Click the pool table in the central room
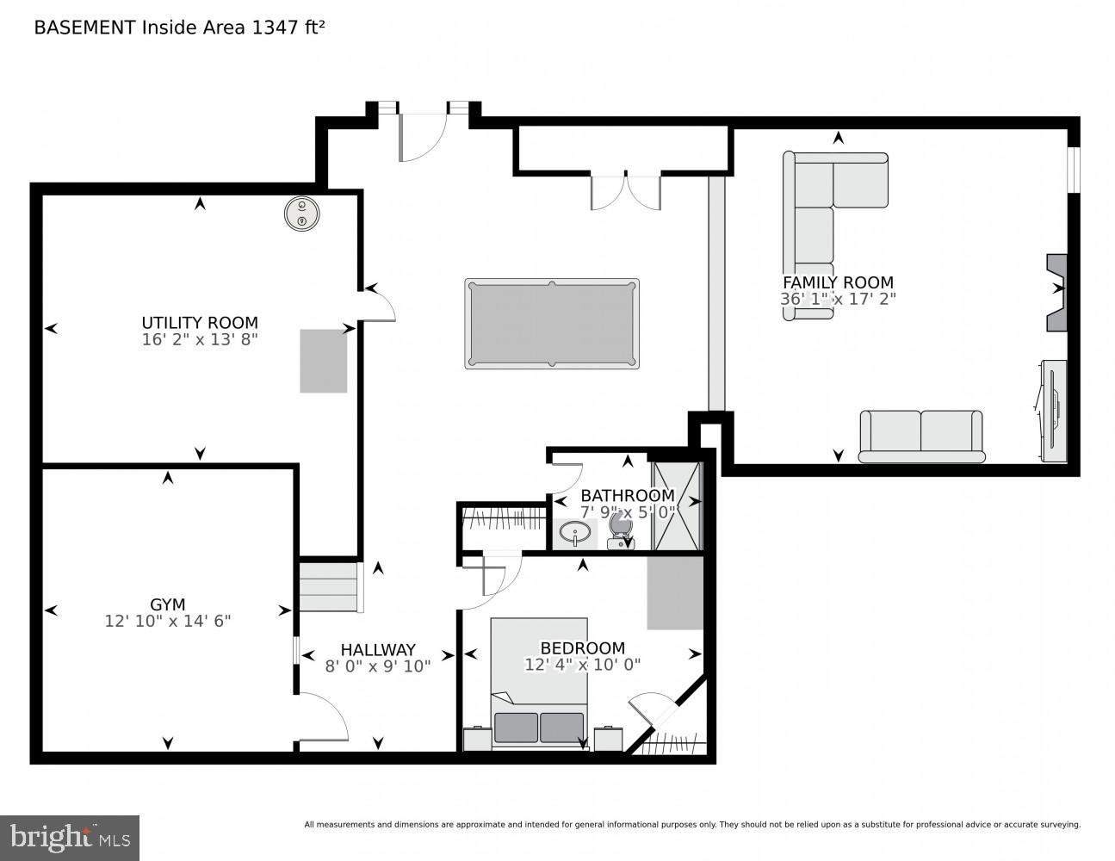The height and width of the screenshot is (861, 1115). (551, 324)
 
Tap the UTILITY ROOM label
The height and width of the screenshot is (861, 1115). (200, 323)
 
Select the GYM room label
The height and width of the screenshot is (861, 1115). (167, 604)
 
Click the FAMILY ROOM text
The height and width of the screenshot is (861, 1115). (837, 282)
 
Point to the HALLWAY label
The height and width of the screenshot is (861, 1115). (377, 650)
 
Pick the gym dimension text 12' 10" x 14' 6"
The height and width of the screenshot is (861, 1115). (168, 621)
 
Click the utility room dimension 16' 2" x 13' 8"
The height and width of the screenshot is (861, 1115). (200, 340)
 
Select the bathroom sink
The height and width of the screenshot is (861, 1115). (574, 534)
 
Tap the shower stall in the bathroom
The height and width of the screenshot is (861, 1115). (677, 506)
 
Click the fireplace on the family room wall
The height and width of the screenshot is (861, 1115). (1056, 293)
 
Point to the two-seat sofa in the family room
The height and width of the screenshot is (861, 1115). (921, 436)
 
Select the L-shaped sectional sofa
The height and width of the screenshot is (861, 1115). (818, 207)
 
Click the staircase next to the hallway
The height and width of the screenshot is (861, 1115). (328, 587)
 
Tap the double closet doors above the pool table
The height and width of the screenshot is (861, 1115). (626, 191)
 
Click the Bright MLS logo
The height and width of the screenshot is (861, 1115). (69, 838)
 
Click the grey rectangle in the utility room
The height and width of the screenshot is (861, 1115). (323, 361)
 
